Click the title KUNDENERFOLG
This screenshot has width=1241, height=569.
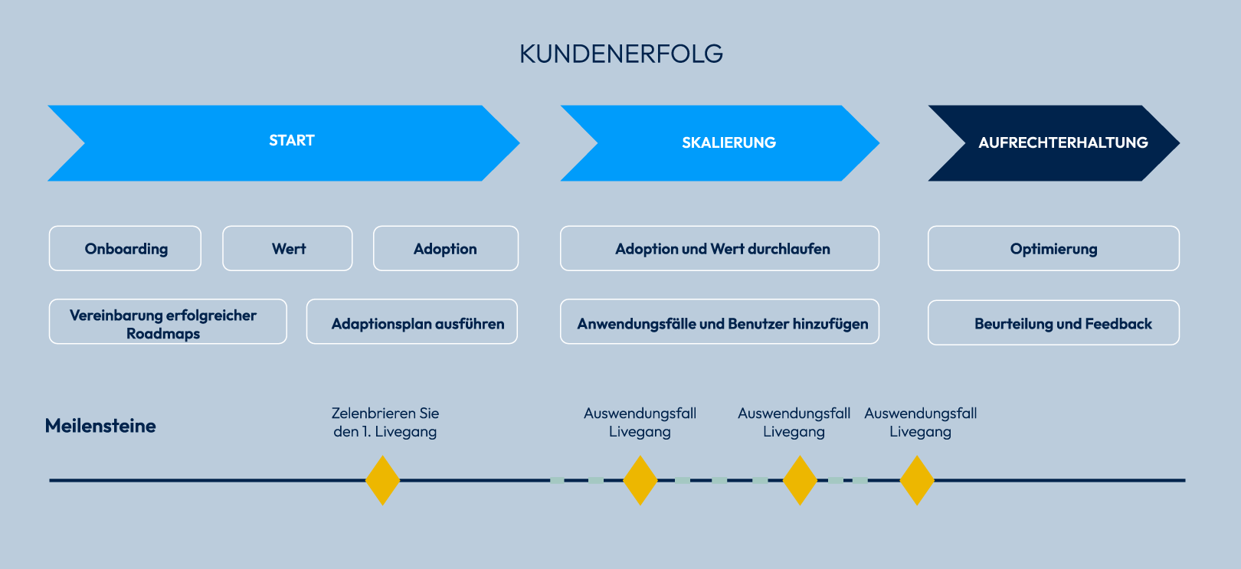coord(620,54)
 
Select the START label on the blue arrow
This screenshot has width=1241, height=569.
coord(292,141)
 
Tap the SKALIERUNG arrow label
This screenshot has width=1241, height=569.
coord(729,142)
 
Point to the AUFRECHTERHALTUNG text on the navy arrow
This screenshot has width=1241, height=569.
coord(1063,142)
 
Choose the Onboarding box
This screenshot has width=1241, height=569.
coord(126,249)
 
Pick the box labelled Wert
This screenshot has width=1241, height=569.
coord(288,249)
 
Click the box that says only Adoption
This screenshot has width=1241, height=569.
coord(445,249)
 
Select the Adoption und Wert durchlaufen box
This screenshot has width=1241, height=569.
coord(722,249)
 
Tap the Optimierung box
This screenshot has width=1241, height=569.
coord(1053,249)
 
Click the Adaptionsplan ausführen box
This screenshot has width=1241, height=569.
coord(417,324)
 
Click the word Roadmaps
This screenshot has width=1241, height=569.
coord(163,334)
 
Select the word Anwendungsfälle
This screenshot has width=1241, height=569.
coord(636,324)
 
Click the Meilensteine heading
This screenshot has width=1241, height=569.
coord(100,426)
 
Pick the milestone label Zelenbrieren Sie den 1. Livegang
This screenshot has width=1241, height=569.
coord(385,422)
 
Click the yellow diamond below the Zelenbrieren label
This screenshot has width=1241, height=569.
coord(383,480)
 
